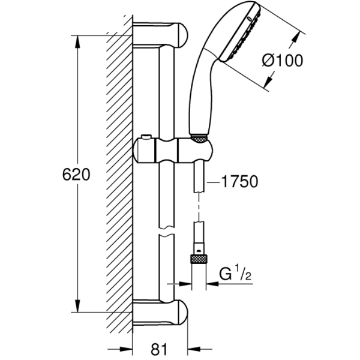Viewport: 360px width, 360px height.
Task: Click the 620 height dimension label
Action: tap(76, 175)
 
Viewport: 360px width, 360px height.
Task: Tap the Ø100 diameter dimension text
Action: tap(283, 60)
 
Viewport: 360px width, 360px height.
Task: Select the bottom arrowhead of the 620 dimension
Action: tap(77, 307)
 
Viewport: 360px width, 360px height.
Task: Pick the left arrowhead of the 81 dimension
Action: tap(127, 347)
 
